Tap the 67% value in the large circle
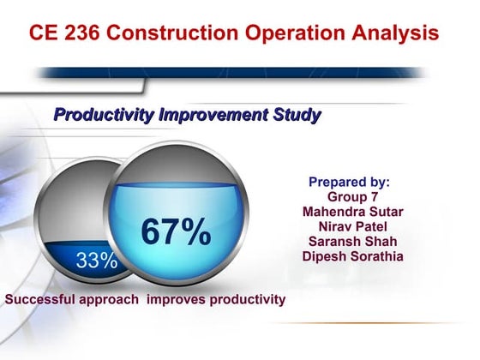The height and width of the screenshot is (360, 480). coord(176,232)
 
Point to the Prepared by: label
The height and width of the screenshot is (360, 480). coord(349,182)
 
